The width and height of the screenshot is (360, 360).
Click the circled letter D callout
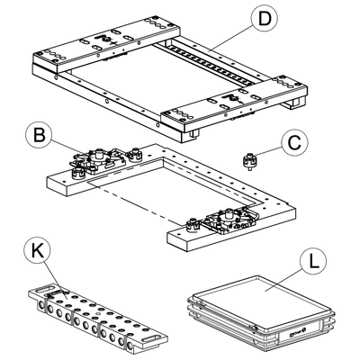point(265,18)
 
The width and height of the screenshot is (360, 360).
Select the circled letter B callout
point(40,135)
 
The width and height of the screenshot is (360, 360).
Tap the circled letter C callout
point(294,142)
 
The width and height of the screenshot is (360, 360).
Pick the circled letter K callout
point(38,251)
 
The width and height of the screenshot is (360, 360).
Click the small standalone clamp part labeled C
point(250,161)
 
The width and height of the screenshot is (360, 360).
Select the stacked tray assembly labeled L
point(261,313)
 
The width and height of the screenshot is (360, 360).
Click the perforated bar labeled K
point(97,318)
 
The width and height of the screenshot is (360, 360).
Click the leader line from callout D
point(231,39)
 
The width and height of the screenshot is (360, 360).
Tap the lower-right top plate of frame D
point(234,102)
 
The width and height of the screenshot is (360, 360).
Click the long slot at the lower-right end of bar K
point(153,338)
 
